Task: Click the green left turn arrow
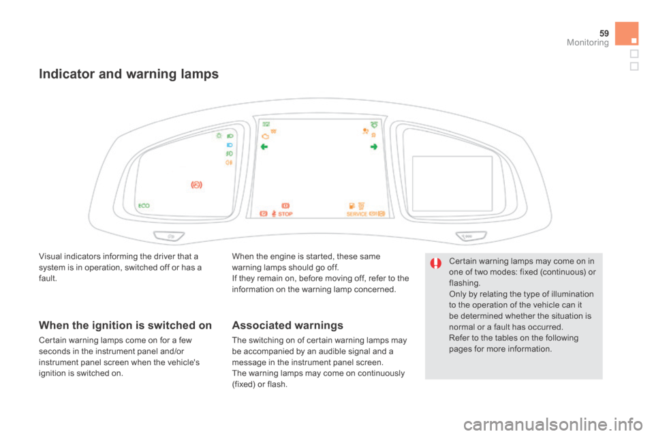point(264,147)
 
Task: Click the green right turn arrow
point(374,147)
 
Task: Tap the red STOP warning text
point(285,214)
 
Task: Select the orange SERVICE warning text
point(356,214)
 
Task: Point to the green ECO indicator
point(144,206)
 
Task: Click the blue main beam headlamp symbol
point(230,145)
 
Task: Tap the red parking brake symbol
point(196,185)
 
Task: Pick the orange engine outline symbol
point(265,136)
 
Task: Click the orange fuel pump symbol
point(352,206)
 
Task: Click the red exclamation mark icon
point(436,264)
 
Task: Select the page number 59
point(604,33)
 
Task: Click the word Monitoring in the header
point(588,42)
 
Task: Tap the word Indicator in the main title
point(67,74)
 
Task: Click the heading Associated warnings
point(287,325)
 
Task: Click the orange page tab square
point(627,33)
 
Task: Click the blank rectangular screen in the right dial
point(452,183)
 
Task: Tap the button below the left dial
point(170,236)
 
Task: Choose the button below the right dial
point(471,236)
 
